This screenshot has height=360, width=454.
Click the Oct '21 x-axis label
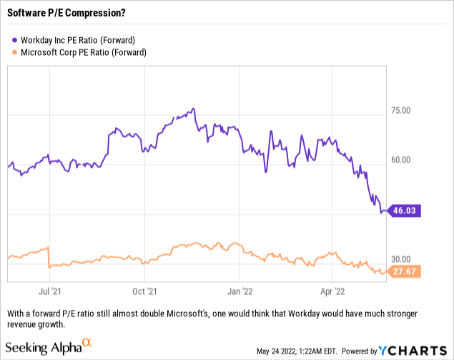click(x=145, y=292)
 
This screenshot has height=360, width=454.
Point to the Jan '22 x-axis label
click(x=240, y=292)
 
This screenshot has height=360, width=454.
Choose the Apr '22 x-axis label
click(x=332, y=292)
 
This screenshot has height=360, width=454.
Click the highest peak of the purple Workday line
click(x=193, y=110)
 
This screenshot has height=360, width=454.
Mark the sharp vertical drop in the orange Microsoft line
click(x=49, y=258)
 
